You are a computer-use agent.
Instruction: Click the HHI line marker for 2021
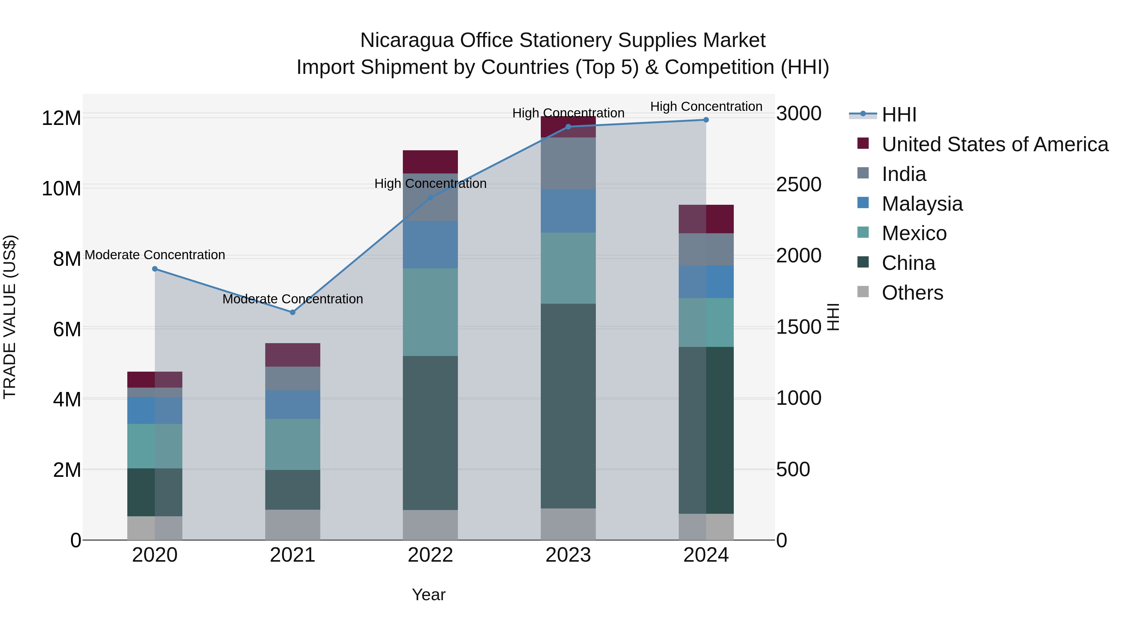(x=292, y=312)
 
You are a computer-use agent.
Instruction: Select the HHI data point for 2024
(x=706, y=120)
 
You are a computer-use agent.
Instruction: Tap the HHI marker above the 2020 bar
(x=155, y=269)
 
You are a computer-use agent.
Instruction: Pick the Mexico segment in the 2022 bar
(x=430, y=312)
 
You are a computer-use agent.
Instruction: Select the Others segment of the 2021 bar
(x=292, y=525)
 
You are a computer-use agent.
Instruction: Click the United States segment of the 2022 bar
(x=430, y=162)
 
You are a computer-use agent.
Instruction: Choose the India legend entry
(x=904, y=174)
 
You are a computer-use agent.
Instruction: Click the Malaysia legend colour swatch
(x=863, y=203)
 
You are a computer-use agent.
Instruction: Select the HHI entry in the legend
(x=899, y=115)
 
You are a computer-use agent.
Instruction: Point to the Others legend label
(x=912, y=293)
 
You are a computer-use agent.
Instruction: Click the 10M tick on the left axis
(x=61, y=188)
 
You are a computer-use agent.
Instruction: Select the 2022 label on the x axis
(x=430, y=555)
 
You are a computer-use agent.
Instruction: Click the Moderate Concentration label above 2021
(x=292, y=299)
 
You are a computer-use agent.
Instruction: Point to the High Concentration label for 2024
(x=706, y=106)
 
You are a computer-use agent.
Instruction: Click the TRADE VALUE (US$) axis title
(x=10, y=317)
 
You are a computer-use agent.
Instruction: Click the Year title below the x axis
(x=429, y=595)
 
